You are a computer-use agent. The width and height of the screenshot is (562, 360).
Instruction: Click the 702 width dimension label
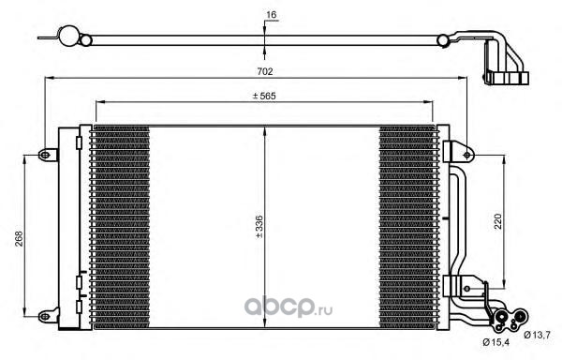(265, 71)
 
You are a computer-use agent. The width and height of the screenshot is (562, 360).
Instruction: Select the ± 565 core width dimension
(264, 96)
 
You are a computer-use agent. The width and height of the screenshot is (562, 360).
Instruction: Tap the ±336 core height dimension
(259, 227)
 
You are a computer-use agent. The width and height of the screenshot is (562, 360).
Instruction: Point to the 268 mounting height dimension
(19, 238)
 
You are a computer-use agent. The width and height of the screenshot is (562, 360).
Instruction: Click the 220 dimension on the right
(498, 221)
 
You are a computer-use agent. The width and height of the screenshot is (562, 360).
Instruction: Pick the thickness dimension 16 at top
(272, 15)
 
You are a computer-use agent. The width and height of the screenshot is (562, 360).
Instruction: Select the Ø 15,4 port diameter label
(495, 342)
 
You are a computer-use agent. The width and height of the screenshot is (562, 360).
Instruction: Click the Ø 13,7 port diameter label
(537, 336)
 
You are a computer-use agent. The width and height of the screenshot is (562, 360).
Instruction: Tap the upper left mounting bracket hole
(44, 155)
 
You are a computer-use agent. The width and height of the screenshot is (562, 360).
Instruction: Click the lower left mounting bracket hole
(44, 316)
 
